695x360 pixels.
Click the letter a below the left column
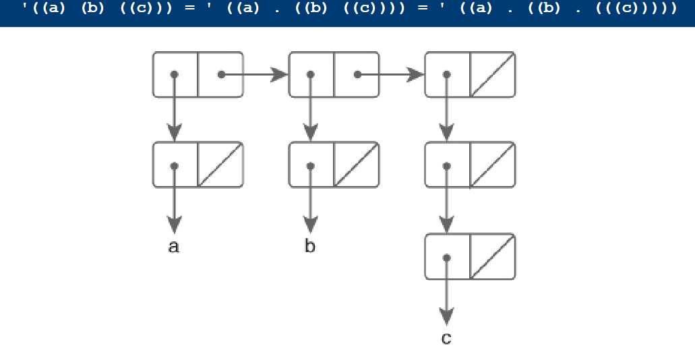click(174, 247)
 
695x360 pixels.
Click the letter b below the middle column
click(310, 247)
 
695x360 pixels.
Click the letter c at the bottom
click(446, 338)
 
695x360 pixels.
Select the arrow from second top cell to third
click(391, 74)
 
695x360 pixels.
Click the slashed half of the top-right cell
click(492, 74)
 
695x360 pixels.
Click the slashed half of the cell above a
click(220, 164)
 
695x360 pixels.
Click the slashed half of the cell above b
click(357, 164)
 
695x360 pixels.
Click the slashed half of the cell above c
click(492, 256)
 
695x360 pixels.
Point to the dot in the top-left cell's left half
click(175, 74)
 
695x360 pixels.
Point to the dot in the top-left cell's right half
click(221, 74)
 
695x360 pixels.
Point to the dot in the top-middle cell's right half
click(357, 74)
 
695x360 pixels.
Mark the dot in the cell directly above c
click(446, 257)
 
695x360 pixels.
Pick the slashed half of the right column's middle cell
click(492, 164)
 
